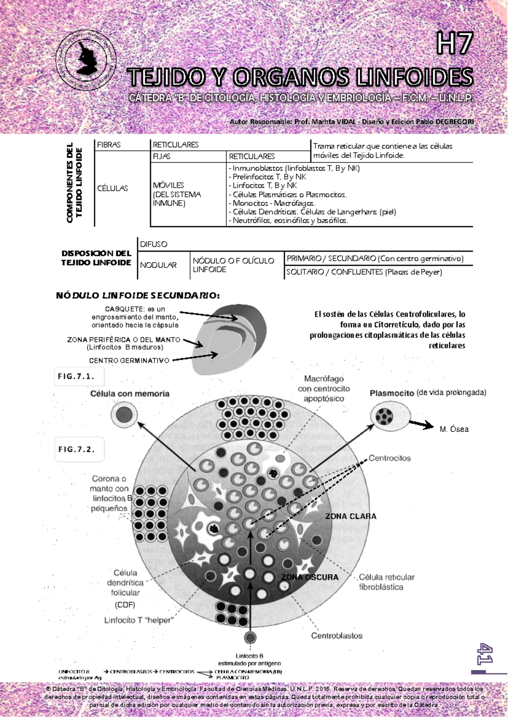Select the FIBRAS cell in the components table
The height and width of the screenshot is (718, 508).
(x=109, y=145)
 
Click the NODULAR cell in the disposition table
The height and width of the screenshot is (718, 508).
(x=158, y=265)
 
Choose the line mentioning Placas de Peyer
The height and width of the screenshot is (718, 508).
(x=364, y=272)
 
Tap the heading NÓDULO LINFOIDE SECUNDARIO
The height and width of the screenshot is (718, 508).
(x=138, y=295)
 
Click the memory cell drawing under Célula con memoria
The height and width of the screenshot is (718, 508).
(x=124, y=414)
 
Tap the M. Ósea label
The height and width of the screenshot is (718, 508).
(x=454, y=429)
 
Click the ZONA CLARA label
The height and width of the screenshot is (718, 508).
(x=351, y=516)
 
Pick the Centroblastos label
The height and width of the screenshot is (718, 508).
(x=337, y=635)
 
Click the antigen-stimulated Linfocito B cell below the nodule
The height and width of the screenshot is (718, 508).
(x=250, y=638)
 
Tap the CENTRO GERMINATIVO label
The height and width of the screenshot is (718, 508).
(x=129, y=361)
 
